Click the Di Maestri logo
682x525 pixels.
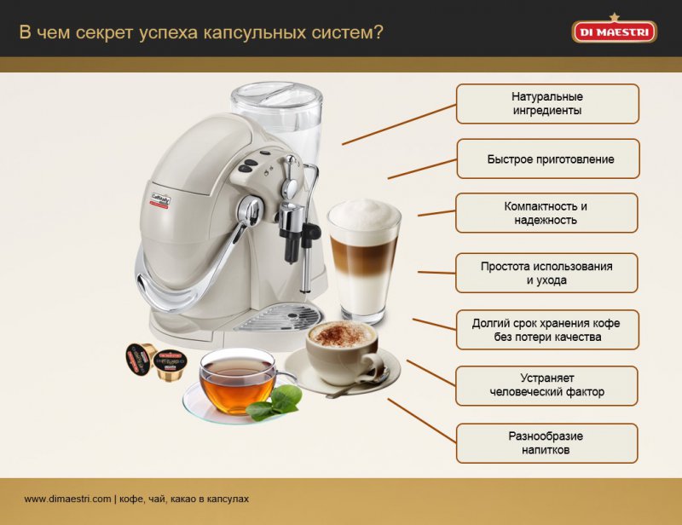(614, 29)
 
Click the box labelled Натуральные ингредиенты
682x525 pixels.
(547, 104)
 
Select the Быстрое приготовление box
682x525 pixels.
(548, 159)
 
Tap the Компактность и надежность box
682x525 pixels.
(546, 213)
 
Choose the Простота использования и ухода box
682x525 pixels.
(546, 274)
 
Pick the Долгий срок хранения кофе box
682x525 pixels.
(547, 330)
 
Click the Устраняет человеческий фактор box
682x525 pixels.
(546, 386)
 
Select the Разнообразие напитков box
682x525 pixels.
(546, 443)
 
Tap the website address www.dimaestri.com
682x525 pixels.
(67, 499)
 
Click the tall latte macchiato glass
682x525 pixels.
(364, 261)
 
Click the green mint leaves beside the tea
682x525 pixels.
(275, 403)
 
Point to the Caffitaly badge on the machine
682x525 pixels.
(160, 201)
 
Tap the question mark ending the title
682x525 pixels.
(378, 32)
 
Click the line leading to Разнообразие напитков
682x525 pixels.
(422, 421)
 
